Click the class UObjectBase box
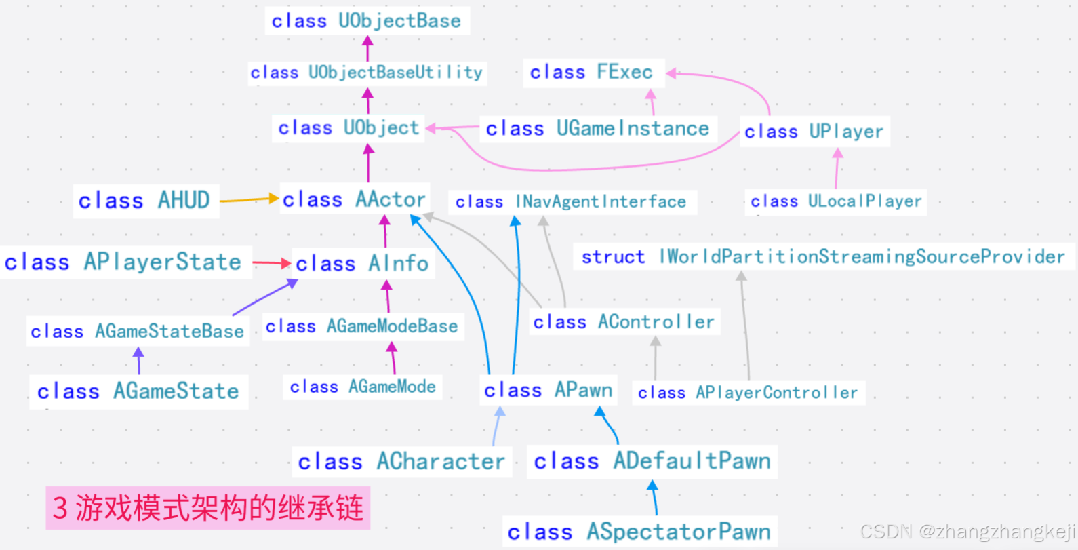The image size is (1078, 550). (x=367, y=21)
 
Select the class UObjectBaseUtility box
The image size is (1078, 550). (x=366, y=73)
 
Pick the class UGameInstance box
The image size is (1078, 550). (x=597, y=128)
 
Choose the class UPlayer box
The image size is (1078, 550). (x=814, y=131)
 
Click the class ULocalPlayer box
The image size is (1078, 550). (x=836, y=201)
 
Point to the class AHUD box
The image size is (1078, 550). (x=145, y=201)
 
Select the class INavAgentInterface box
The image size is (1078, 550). (x=571, y=202)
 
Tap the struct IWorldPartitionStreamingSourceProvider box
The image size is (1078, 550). (x=823, y=257)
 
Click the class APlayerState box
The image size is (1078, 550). (x=124, y=262)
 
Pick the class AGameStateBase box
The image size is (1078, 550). (x=138, y=332)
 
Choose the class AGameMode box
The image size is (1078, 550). (x=363, y=387)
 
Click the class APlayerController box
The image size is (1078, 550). (x=748, y=393)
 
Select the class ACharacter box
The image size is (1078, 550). (x=401, y=462)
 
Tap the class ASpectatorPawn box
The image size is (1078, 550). (x=639, y=532)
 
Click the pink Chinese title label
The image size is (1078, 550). (x=208, y=508)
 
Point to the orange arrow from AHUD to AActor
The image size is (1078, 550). (x=249, y=199)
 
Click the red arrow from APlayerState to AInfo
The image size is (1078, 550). (x=272, y=262)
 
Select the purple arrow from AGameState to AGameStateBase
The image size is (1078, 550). (x=139, y=361)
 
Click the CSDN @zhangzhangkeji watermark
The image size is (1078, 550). (x=968, y=531)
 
